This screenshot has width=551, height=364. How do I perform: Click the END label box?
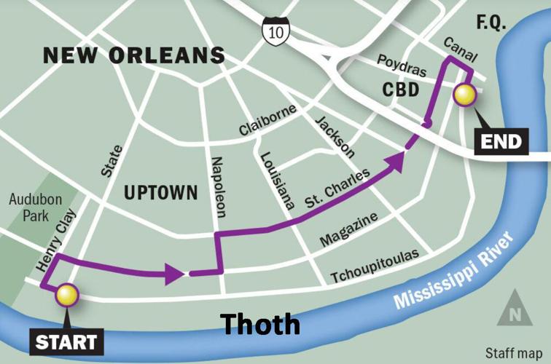pyautogui.click(x=501, y=141)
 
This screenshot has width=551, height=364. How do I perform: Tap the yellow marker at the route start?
pyautogui.click(x=67, y=294)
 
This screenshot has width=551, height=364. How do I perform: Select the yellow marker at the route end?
pyautogui.click(x=464, y=94)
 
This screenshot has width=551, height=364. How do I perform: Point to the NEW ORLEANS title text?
pyautogui.click(x=133, y=55)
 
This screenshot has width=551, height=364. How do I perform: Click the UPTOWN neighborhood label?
pyautogui.click(x=160, y=192)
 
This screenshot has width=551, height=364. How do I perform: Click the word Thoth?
pyautogui.click(x=260, y=324)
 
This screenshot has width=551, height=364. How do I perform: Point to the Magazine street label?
pyautogui.click(x=349, y=230)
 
